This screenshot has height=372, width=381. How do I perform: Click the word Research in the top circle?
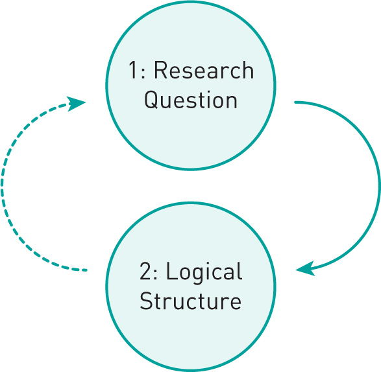coord(204,70)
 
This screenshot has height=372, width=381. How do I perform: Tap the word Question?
coord(191,100)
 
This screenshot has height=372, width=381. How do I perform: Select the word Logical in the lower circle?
coord(204,272)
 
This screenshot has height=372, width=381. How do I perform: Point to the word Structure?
coord(191,300)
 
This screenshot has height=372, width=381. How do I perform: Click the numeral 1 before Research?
coord(133,70)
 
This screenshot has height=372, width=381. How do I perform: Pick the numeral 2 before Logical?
coord(145,271)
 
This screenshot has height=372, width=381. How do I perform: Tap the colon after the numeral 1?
coord(143,73)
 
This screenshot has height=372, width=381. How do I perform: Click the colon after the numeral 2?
coord(156,273)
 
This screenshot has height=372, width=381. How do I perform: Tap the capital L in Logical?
coord(172,271)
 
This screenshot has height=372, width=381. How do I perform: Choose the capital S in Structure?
coord(146,300)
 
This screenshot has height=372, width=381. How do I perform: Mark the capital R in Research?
coord(161,70)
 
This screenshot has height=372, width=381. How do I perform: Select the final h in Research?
coord(249,70)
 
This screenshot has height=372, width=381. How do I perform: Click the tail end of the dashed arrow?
coord(86,270)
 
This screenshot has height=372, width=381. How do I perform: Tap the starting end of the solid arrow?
coord(295,102)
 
